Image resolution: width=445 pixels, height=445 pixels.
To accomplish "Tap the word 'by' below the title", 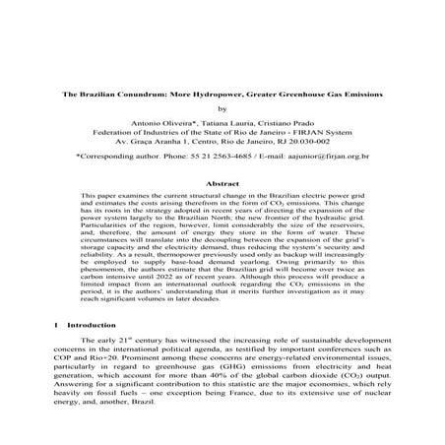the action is click(222, 109).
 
